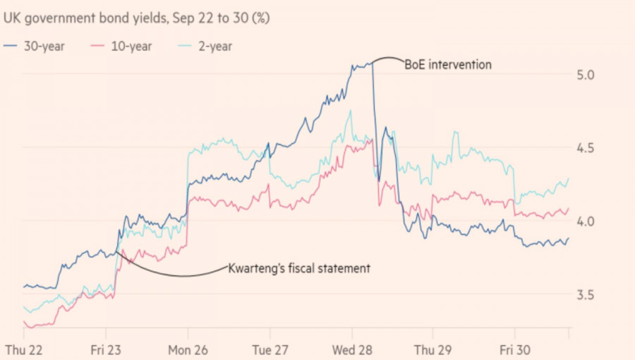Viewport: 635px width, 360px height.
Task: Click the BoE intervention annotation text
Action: [447, 65]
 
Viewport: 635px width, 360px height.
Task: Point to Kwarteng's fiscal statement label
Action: [300, 268]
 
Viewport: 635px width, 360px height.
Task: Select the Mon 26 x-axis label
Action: [187, 350]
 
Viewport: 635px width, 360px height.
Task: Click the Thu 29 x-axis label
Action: [432, 350]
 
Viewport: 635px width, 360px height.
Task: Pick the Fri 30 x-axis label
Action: [514, 350]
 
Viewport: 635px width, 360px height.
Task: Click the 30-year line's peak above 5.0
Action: [370, 64]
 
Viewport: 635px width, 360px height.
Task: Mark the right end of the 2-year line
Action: [569, 179]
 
